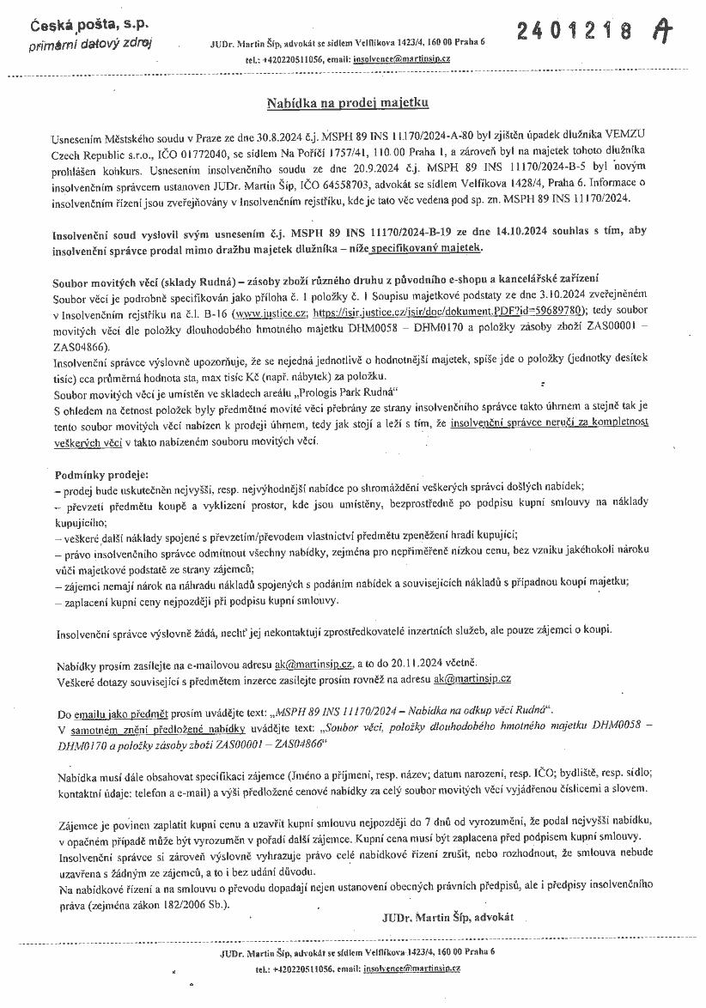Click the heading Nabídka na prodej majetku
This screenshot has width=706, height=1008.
click(347, 103)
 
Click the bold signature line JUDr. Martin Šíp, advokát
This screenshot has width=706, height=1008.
click(447, 917)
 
